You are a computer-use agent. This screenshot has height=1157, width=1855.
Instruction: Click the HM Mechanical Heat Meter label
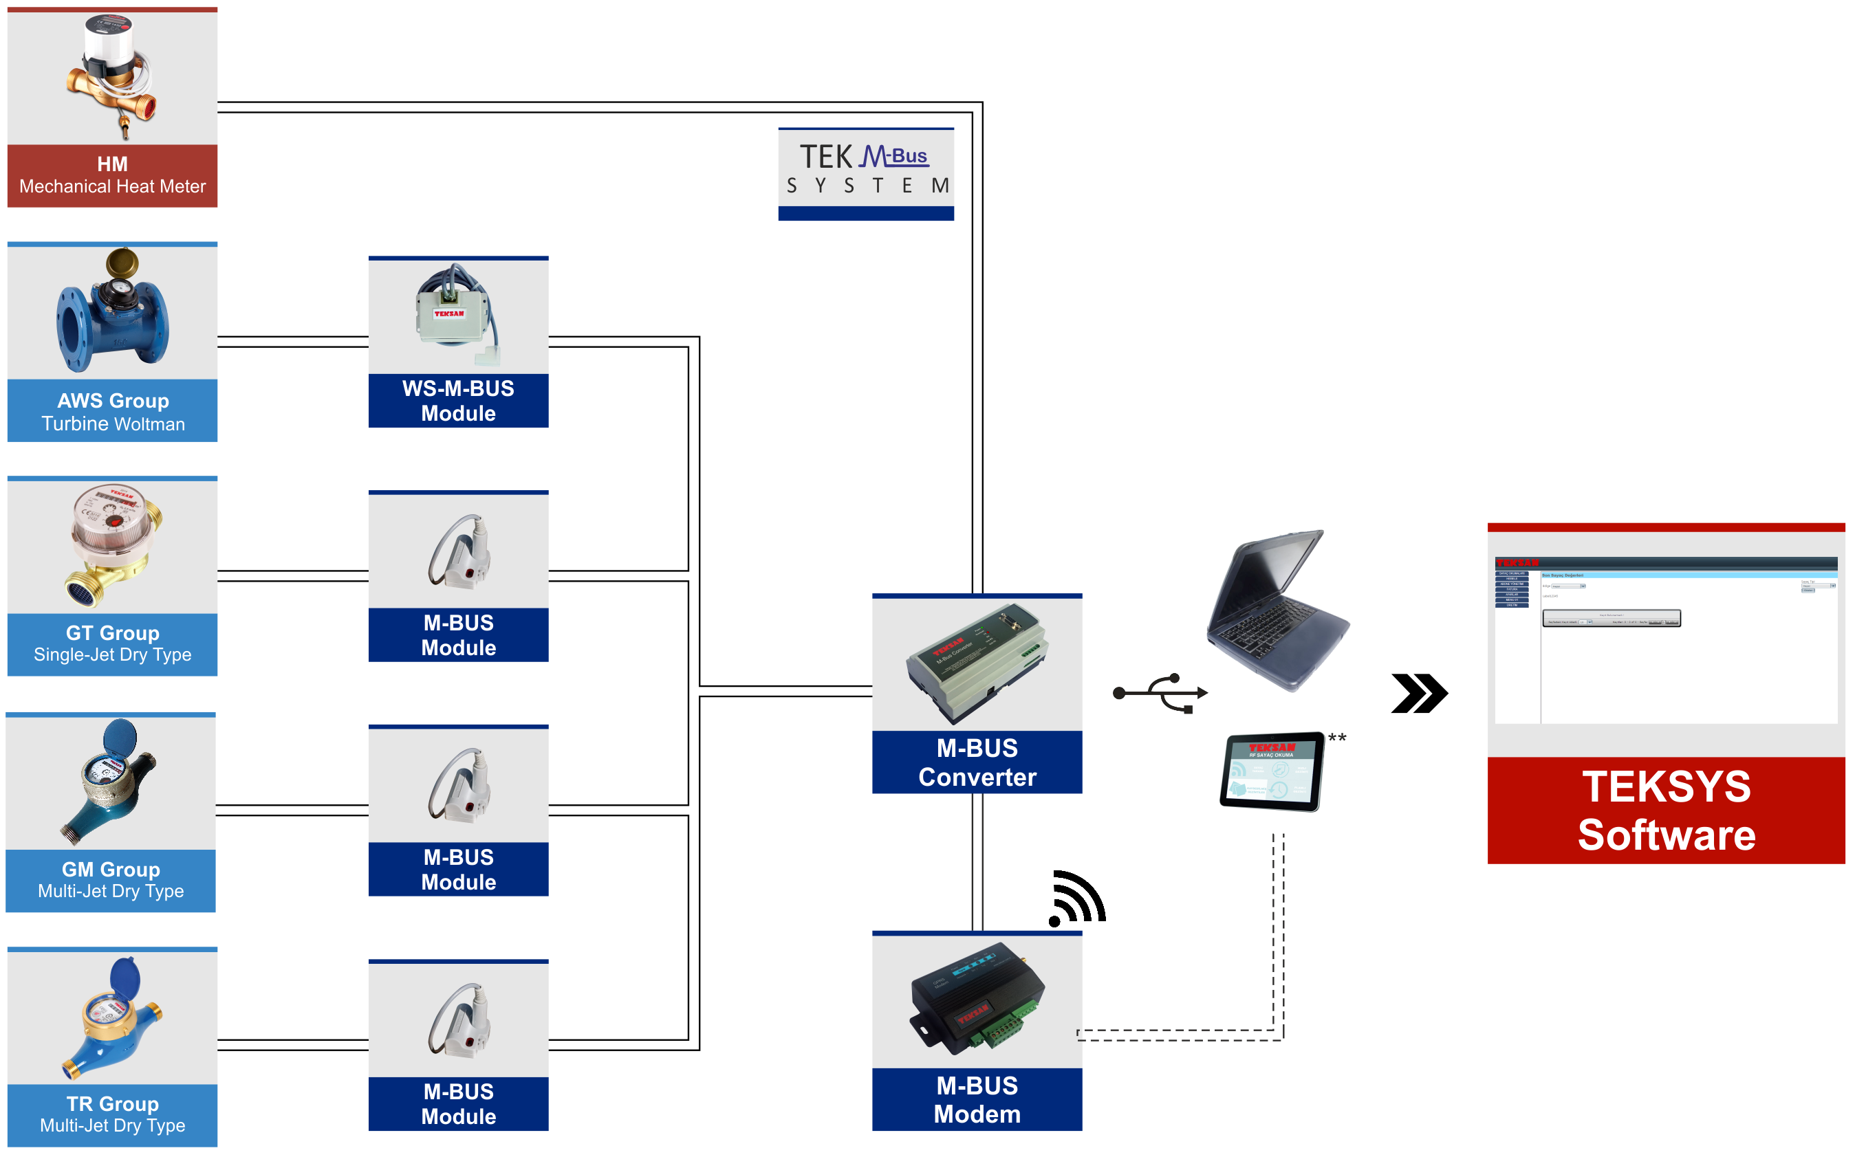point(113,175)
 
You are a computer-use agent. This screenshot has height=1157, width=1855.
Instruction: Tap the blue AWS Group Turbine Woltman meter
point(113,311)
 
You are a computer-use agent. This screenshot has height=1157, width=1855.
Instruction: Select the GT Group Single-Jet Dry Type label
point(113,643)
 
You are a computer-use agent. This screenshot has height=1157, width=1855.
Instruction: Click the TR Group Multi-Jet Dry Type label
point(113,1114)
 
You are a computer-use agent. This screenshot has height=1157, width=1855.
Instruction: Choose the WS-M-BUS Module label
point(458,400)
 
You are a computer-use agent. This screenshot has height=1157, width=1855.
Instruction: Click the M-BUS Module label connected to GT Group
point(458,635)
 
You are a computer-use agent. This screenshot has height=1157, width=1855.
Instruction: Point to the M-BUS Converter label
point(977,762)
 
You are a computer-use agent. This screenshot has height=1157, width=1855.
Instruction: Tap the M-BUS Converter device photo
point(977,663)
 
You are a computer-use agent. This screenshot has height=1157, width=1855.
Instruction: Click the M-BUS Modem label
point(977,1100)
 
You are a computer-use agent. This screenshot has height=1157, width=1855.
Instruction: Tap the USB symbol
point(1160,692)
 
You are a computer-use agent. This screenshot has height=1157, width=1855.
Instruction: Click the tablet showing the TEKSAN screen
point(1272,771)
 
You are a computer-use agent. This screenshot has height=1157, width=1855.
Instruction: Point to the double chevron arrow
point(1419,693)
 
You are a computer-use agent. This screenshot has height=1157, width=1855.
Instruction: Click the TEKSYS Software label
point(1666,811)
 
